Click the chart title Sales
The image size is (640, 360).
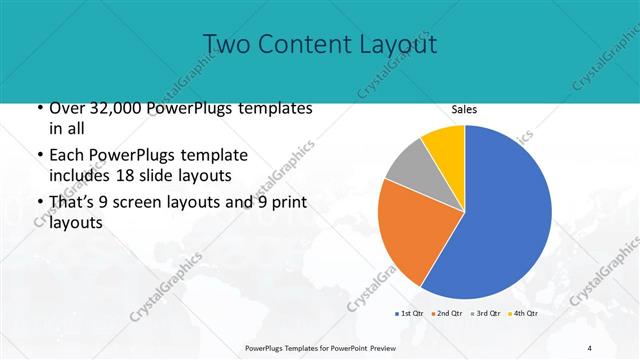[464, 109]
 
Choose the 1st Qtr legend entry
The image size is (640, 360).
[411, 314]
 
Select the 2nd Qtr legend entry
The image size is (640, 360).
[447, 314]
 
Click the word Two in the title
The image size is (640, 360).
[225, 44]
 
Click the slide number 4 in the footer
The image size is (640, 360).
[590, 347]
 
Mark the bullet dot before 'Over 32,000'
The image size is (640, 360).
[39, 108]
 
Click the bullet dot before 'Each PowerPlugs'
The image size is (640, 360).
[39, 156]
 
